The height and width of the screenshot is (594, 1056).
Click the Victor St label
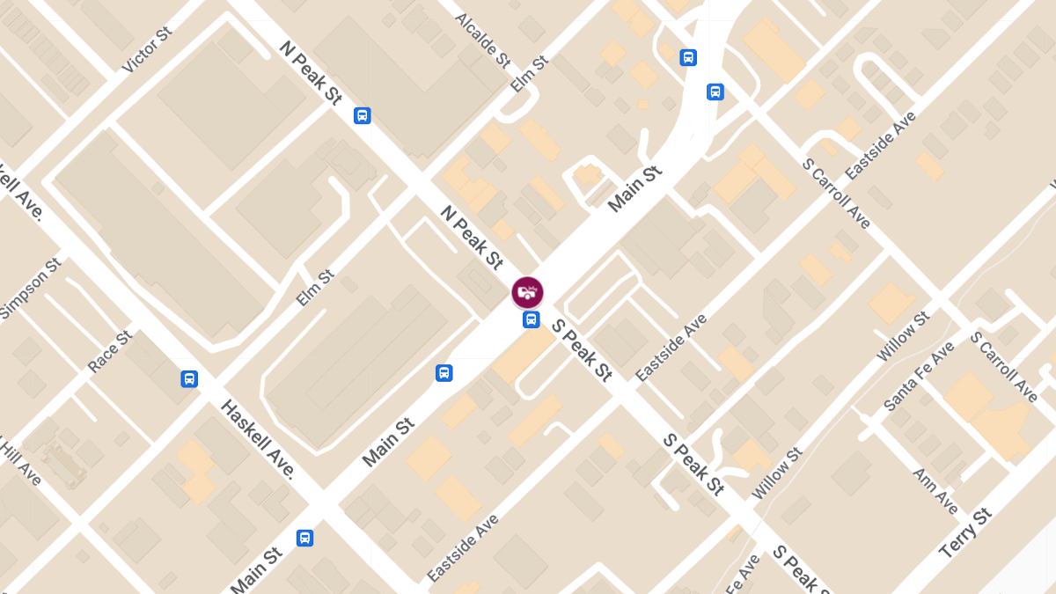(148, 50)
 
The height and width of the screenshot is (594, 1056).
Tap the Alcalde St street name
(482, 40)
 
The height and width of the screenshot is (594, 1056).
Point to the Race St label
(110, 352)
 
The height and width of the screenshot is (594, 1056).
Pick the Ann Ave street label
(935, 491)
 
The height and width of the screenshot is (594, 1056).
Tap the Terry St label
(965, 533)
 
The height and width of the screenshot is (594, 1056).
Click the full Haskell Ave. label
(257, 439)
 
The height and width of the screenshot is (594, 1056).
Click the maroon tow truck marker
(528, 292)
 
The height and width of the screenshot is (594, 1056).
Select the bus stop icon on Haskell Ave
(189, 379)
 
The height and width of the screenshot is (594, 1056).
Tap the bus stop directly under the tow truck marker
(531, 319)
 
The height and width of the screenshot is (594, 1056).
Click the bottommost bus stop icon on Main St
(305, 538)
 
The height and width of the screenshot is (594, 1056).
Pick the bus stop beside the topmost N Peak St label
(362, 115)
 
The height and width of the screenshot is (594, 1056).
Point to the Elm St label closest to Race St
(315, 288)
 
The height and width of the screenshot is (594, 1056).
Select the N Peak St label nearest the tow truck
(472, 238)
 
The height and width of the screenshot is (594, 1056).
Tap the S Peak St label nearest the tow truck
(582, 350)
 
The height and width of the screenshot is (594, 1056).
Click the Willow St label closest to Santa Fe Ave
(903, 336)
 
